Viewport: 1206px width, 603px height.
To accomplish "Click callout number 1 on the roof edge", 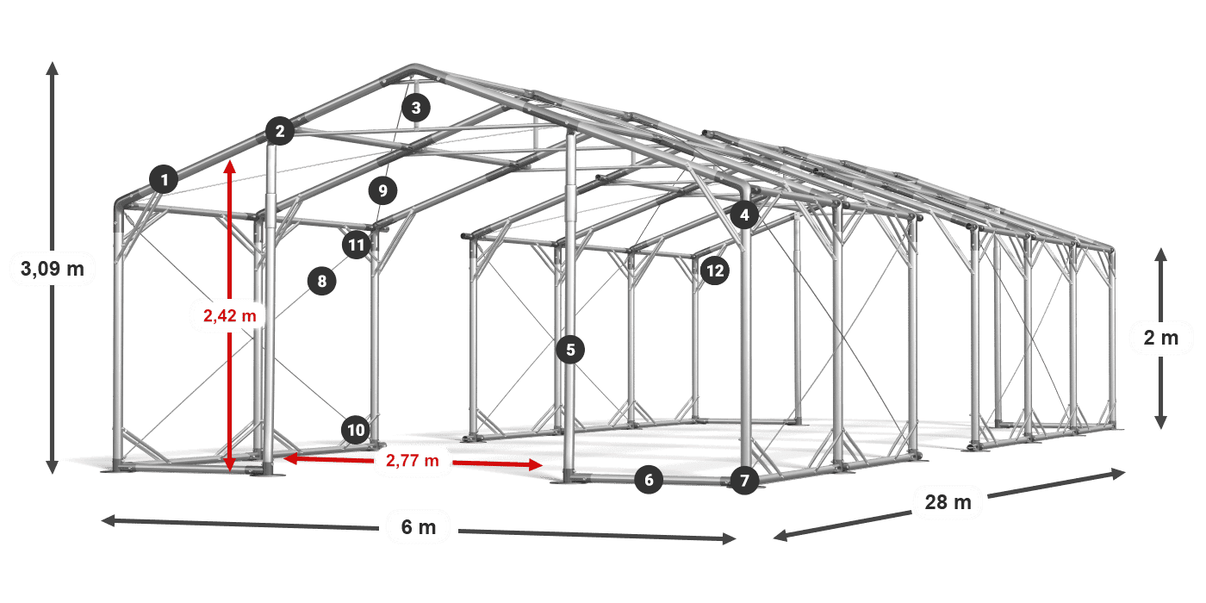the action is pyautogui.click(x=165, y=179).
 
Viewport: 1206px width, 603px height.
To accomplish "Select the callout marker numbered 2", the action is pyautogui.click(x=280, y=131).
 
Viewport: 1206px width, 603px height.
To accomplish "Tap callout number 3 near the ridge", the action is pyautogui.click(x=416, y=108).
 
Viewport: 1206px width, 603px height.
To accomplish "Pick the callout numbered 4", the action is pyautogui.click(x=744, y=214).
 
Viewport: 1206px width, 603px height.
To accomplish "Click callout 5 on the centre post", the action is pyautogui.click(x=570, y=350).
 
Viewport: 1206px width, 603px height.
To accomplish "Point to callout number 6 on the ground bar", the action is pyautogui.click(x=649, y=480).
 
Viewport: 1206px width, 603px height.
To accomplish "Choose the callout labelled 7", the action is pyautogui.click(x=744, y=481).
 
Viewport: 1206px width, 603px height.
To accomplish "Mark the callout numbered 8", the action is pyautogui.click(x=322, y=281).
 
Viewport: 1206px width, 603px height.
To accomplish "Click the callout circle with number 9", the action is pyautogui.click(x=382, y=190).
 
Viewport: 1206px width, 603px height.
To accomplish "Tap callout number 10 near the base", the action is pyautogui.click(x=356, y=430).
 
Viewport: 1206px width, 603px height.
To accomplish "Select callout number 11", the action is pyautogui.click(x=357, y=245).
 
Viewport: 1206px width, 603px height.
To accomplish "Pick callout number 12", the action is pyautogui.click(x=715, y=270).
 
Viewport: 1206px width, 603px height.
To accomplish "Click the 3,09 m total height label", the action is pyautogui.click(x=53, y=268).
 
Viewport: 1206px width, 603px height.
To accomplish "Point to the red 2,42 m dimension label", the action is pyautogui.click(x=230, y=315).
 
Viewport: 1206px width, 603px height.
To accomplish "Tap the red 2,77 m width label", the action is pyautogui.click(x=413, y=460).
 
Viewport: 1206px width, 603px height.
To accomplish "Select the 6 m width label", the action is pyautogui.click(x=419, y=527).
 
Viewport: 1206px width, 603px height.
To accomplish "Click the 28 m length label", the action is pyautogui.click(x=948, y=501).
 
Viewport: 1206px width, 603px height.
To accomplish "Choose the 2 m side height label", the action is pyautogui.click(x=1161, y=338).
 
